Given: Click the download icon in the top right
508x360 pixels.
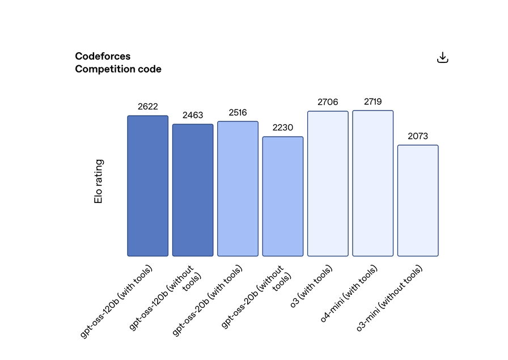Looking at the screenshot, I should pos(443,57).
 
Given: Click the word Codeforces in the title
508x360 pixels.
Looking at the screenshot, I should pos(103,56).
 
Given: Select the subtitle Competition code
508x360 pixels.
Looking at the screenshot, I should pos(118,69).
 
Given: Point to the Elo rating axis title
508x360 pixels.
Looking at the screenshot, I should pos(99,181).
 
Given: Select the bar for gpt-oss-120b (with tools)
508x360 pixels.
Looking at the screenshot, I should pos(147,186).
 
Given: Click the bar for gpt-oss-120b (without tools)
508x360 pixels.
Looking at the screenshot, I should pos(193,190).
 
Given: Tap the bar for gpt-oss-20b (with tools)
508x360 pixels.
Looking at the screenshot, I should pos(238,189).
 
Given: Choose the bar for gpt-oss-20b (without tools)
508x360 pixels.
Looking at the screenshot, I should pos(283,196).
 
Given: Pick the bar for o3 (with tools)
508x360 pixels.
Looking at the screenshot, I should pos(328,184).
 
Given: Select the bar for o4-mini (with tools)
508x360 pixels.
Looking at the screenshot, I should pos(372,183).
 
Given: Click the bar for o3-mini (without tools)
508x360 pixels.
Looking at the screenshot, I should pos(418,201).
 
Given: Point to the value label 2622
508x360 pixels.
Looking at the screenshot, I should pos(147,107).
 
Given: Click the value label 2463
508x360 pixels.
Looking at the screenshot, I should pos(193,115).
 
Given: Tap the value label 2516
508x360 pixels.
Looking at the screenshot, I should pos(238,112).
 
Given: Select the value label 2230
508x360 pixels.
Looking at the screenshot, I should pos(283,128).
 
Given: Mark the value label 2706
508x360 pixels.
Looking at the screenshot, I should pos(328,102).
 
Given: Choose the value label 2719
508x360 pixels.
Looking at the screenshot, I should pos(372,101).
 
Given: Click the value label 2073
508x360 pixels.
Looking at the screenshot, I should pos(418,136).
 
